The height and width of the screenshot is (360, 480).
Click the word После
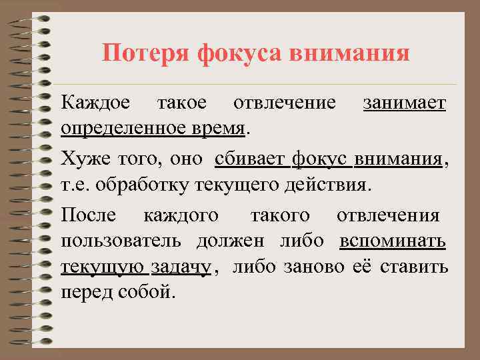click(89, 216)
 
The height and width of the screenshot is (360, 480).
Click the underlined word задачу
click(181, 267)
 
